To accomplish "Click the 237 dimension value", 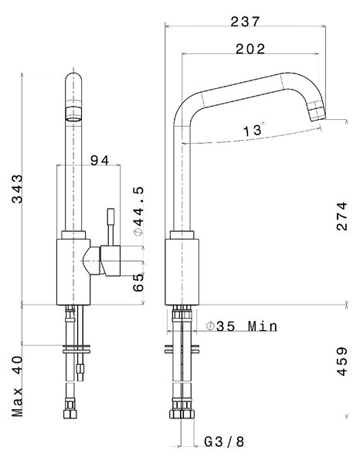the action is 245,22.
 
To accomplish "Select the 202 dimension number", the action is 250,49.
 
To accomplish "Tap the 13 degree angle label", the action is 253,130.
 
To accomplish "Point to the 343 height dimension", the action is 17,189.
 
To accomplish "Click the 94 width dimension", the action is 100,160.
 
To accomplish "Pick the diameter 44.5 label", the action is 138,211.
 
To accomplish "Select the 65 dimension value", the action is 138,282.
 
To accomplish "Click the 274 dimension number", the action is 342,216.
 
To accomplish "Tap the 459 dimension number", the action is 342,361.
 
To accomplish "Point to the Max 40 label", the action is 17,386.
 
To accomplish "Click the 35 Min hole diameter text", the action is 243,326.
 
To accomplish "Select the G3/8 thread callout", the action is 224,442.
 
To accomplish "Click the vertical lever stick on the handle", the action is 110,227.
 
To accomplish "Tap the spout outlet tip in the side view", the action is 318,113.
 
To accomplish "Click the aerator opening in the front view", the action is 73,119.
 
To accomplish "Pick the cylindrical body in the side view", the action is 182,271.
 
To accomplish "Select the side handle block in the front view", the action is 110,261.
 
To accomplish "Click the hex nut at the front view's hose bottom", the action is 70,413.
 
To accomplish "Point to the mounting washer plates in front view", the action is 76,349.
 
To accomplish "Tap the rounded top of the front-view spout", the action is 73,77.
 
